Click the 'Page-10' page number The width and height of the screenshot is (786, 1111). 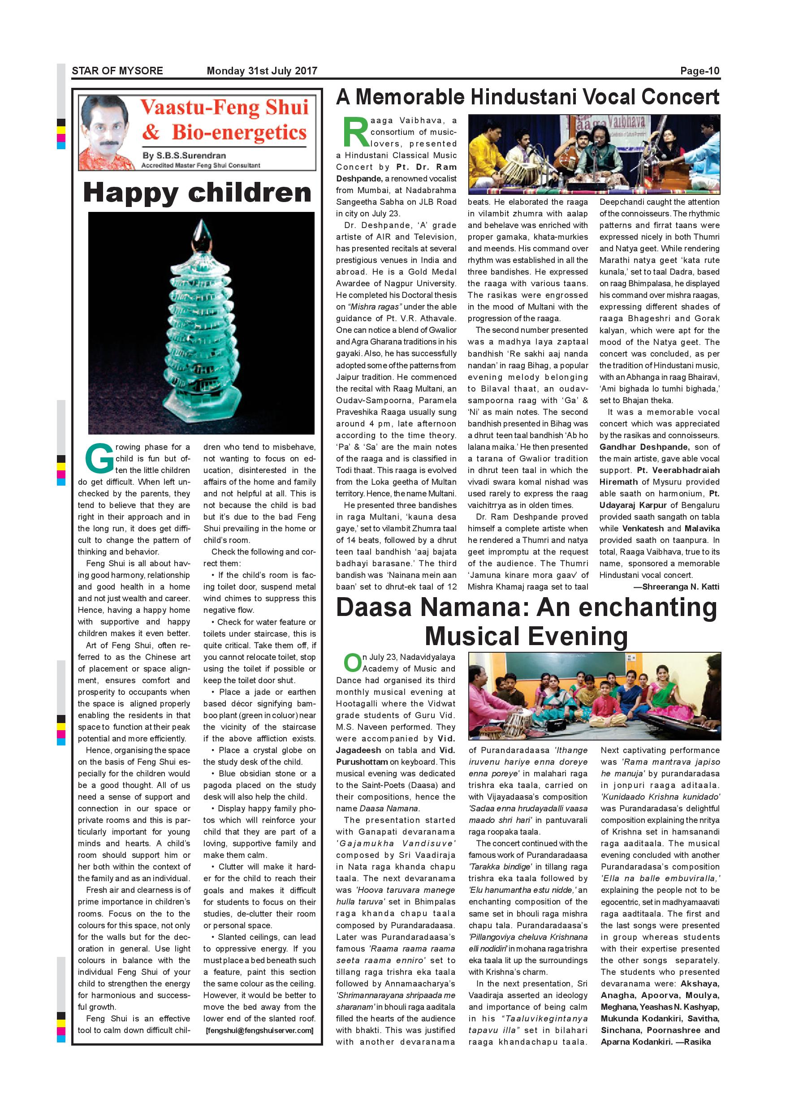[x=700, y=71]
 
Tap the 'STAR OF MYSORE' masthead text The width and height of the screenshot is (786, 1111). [x=117, y=71]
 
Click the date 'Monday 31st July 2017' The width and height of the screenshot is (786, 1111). [x=262, y=71]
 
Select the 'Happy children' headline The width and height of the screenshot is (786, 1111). [x=197, y=193]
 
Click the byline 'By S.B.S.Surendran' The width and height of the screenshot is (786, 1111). [x=184, y=156]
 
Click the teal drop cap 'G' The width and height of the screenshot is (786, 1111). [x=99, y=460]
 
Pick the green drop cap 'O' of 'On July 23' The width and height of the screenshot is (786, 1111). [x=352, y=663]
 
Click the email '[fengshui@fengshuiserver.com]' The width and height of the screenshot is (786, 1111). [x=259, y=1030]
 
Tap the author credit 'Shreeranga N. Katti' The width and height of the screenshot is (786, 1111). [x=680, y=587]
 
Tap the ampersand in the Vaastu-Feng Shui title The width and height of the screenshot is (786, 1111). [x=151, y=132]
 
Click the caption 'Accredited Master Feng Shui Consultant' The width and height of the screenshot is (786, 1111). [x=200, y=165]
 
